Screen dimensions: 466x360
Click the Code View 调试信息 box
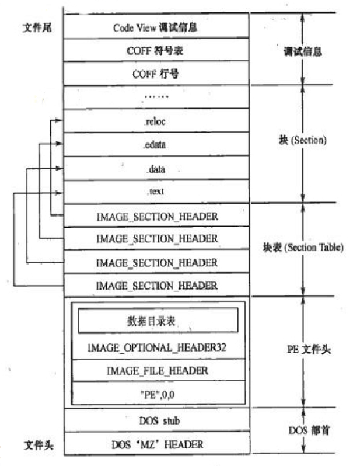pyautogui.click(x=156, y=27)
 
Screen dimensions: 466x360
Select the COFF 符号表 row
pyautogui.click(x=156, y=51)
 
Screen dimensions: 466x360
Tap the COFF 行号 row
pyautogui.click(x=156, y=74)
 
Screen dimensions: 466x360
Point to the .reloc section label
pyautogui.click(x=156, y=121)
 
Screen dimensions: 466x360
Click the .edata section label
pyautogui.click(x=156, y=145)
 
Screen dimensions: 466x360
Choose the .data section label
pyautogui.click(x=156, y=169)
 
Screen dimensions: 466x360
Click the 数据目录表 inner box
pyautogui.click(x=157, y=321)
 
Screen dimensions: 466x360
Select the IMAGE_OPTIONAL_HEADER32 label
pyautogui.click(x=157, y=347)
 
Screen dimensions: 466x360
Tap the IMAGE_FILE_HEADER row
pyautogui.click(x=157, y=370)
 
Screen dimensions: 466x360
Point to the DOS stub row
pyautogui.click(x=156, y=420)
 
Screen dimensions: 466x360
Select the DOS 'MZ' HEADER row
pyautogui.click(x=156, y=444)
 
